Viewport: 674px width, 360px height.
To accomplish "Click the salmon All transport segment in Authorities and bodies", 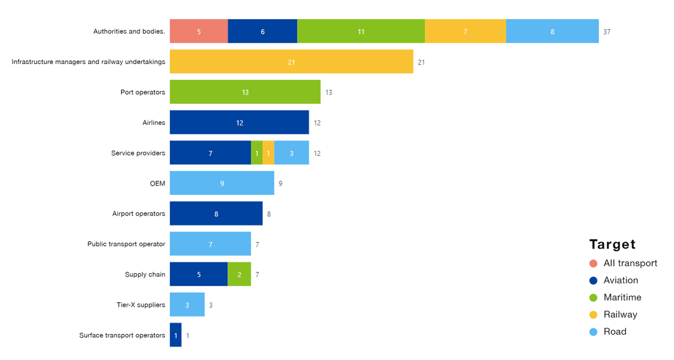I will (199, 31).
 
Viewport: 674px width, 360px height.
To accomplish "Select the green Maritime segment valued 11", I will (360, 31).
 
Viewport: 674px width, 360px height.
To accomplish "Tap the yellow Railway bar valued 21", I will (291, 61).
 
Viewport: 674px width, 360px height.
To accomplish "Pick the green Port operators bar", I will (245, 92).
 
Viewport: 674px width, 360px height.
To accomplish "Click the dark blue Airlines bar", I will (239, 122).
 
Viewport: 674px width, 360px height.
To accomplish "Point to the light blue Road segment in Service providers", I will (291, 153).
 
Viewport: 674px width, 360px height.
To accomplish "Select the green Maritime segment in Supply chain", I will (239, 274).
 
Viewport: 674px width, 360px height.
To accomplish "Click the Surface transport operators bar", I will (175, 335).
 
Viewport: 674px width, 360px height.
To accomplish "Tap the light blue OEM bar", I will (222, 183).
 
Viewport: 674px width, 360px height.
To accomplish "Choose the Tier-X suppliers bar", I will (187, 305).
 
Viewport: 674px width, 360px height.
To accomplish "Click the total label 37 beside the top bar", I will (606, 32).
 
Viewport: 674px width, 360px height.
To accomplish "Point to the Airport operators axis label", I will (139, 214).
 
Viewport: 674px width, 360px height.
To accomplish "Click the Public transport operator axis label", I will (126, 244).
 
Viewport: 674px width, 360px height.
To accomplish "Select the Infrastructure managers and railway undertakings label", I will (89, 61).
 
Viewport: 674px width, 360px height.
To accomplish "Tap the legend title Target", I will (612, 245).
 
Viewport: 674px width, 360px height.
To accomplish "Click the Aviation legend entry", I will (621, 280).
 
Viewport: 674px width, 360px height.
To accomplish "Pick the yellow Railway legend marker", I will (594, 314).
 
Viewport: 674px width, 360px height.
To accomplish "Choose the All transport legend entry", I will (630, 263).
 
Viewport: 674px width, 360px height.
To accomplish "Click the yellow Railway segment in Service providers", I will (268, 153).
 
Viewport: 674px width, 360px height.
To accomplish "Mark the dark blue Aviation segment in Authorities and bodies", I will (262, 31).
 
